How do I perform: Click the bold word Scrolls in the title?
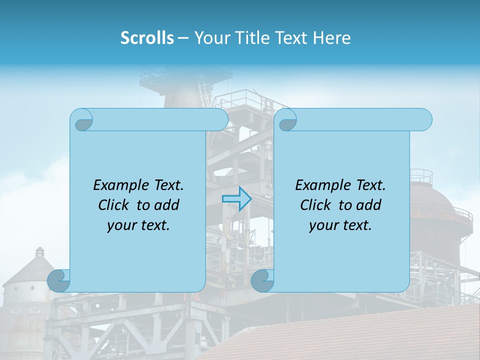click(x=147, y=37)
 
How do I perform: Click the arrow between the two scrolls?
click(x=236, y=199)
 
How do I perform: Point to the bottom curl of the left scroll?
click(x=59, y=280)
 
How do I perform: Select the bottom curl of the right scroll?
click(x=262, y=280)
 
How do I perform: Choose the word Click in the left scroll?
click(x=114, y=205)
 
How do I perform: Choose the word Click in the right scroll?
click(x=316, y=205)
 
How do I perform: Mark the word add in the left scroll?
click(x=167, y=205)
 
